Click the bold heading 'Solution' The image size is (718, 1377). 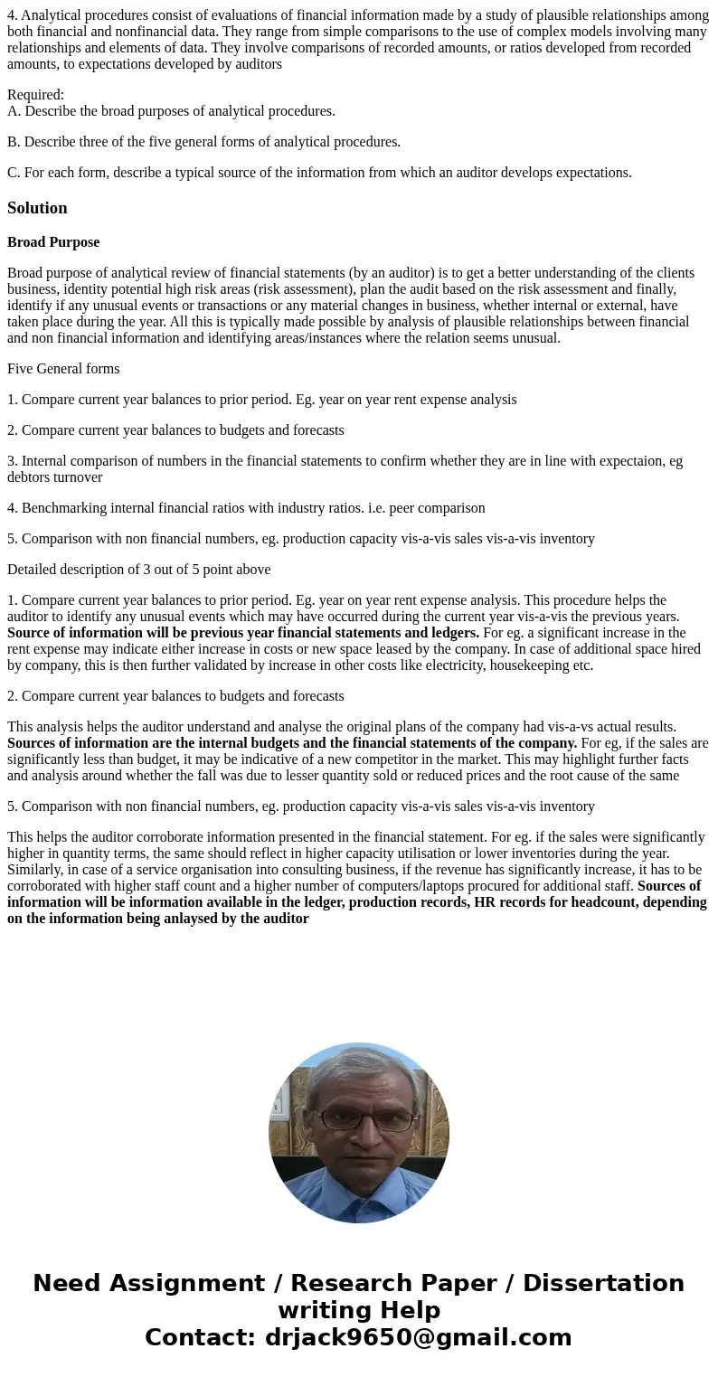(x=37, y=208)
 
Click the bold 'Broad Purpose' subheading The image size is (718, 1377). (x=53, y=242)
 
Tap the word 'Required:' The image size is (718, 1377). (x=35, y=95)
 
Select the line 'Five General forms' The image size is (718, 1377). (x=63, y=369)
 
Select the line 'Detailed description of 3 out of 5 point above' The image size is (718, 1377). (x=139, y=570)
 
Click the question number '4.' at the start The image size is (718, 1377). (x=13, y=15)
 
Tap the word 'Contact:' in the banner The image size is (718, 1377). (x=201, y=1337)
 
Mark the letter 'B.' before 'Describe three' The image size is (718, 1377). (x=14, y=142)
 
